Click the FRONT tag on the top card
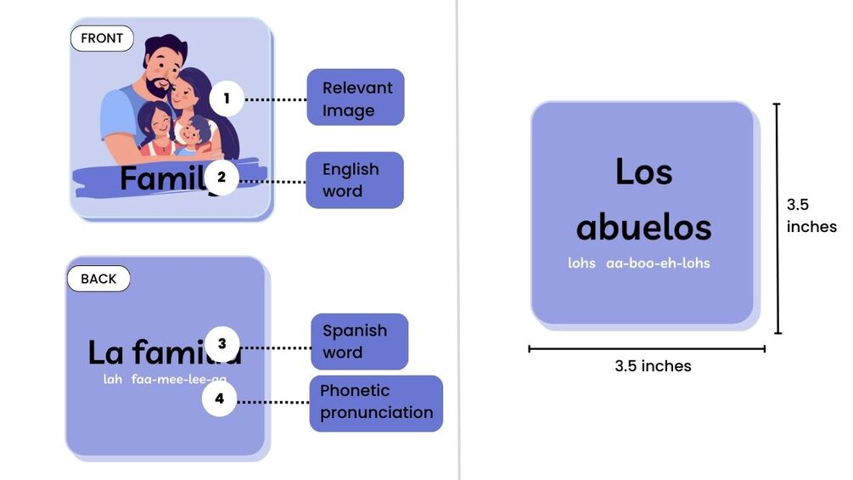click(102, 38)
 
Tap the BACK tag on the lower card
click(98, 279)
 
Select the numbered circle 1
click(227, 99)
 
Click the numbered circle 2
click(222, 178)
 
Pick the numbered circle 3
click(222, 344)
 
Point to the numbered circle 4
click(219, 399)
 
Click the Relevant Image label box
click(355, 98)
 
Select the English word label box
click(354, 180)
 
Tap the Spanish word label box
click(359, 342)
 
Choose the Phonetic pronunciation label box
click(376, 403)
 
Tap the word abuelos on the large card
click(643, 227)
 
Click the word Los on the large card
click(643, 172)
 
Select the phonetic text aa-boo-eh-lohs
click(658, 263)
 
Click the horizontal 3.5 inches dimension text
click(653, 366)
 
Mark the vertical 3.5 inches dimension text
click(811, 215)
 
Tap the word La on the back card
click(106, 352)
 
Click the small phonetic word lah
click(113, 380)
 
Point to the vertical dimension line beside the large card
click(777, 218)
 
